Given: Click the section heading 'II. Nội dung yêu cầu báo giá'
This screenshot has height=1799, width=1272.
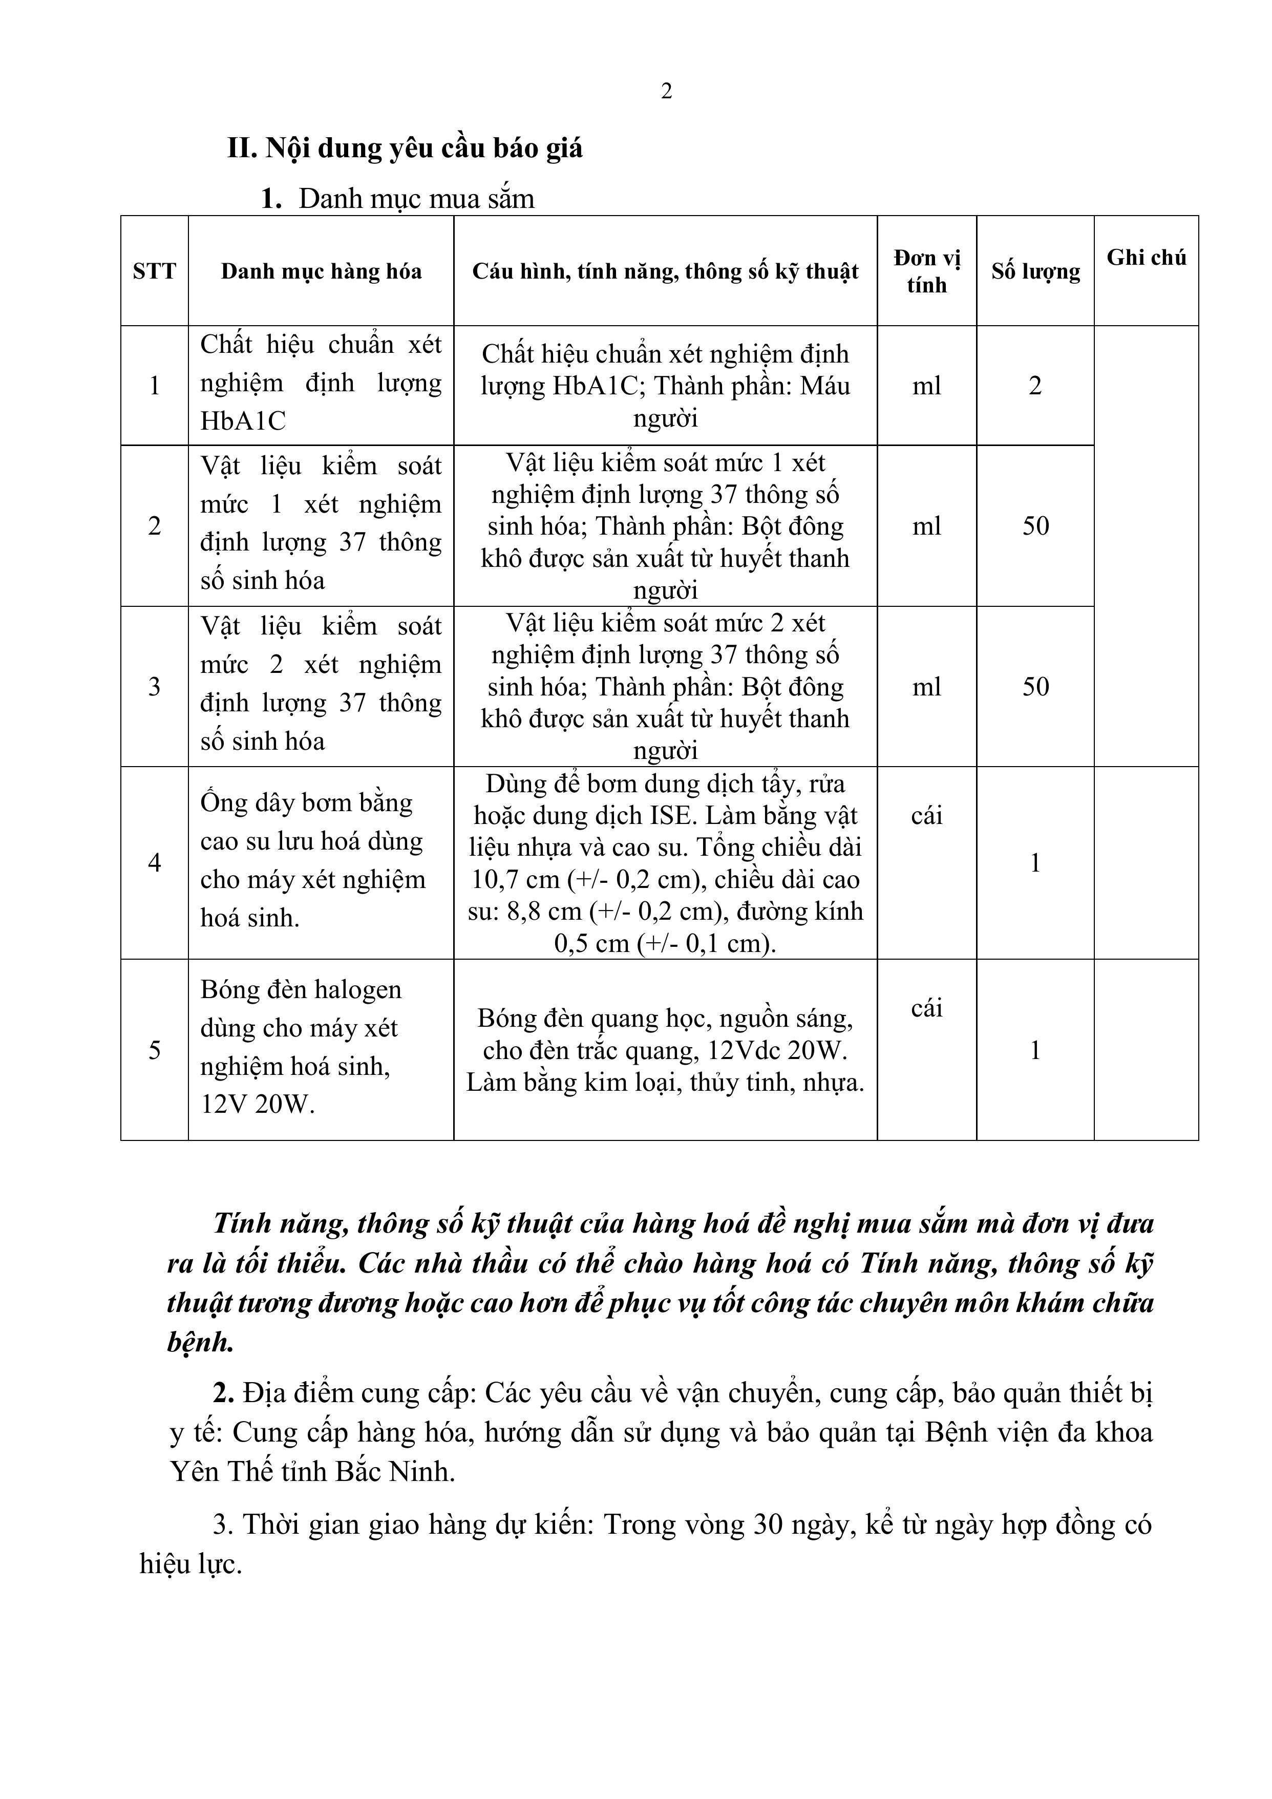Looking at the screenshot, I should click(405, 148).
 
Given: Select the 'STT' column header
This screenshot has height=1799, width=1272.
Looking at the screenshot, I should click(155, 271).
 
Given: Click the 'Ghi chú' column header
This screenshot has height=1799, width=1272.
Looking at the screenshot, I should click(1146, 257).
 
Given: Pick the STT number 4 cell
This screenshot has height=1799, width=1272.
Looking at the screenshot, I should click(155, 863).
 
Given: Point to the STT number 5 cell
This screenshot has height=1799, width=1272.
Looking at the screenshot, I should click(155, 1050).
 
